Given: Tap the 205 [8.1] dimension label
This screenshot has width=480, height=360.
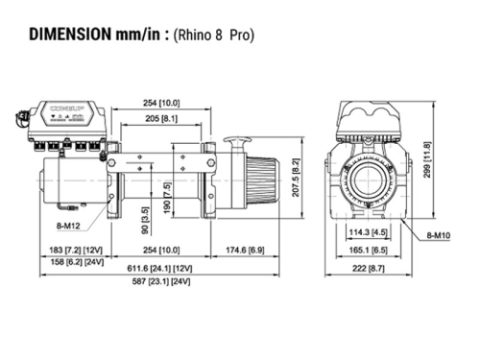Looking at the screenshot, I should (x=160, y=118).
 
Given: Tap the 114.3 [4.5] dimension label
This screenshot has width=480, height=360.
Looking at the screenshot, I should (x=370, y=231).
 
